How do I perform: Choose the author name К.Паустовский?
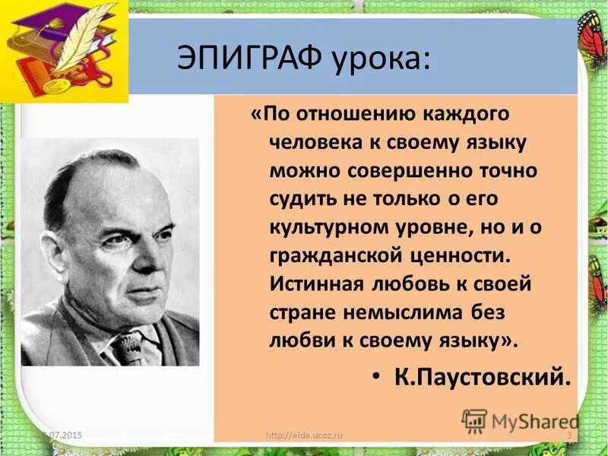point(481,376)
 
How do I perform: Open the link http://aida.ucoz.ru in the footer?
point(306,435)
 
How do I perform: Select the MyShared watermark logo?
point(520,420)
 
